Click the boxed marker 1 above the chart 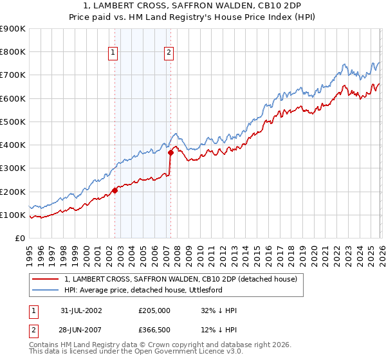(x=113, y=53)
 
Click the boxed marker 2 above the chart (x=169, y=53)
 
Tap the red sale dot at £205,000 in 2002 (x=115, y=190)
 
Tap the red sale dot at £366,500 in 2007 (x=170, y=153)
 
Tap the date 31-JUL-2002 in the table (x=81, y=310)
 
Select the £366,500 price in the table (x=154, y=330)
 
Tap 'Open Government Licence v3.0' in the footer (x=184, y=352)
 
